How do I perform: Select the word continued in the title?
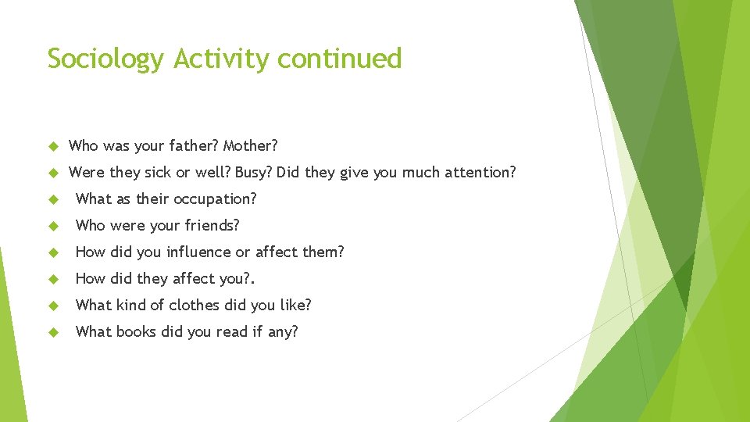click(x=340, y=59)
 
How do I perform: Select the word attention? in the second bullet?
click(x=480, y=172)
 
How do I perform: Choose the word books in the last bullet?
click(x=136, y=331)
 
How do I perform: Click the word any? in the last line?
click(x=281, y=332)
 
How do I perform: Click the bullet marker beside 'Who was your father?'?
click(x=53, y=146)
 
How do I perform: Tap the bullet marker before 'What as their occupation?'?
click(x=53, y=199)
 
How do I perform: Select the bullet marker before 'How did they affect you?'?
click(x=53, y=279)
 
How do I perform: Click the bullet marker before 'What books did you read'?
click(x=53, y=332)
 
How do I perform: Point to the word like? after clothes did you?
click(x=295, y=305)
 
